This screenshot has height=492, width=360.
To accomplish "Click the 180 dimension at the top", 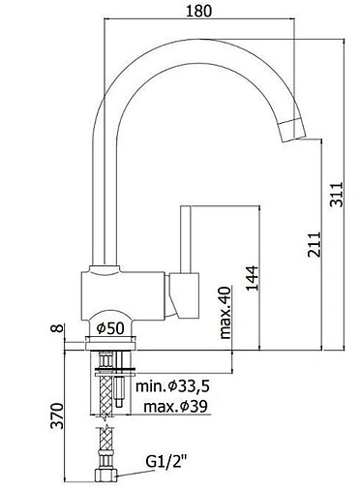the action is point(199,11).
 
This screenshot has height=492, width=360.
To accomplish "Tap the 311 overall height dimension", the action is point(336,195).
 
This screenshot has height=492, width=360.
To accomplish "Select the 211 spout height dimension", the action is point(315,244).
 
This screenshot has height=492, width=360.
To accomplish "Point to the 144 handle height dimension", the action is point(252,278).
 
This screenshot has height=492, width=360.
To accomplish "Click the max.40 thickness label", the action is point(225,313).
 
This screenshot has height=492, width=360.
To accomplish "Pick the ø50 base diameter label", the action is point(110,328).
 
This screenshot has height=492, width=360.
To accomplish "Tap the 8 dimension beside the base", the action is point(58,328).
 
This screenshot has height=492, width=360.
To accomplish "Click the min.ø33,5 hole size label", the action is point(173,385).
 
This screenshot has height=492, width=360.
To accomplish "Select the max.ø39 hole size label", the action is point(176,407).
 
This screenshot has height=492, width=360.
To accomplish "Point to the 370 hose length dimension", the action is point(58,415).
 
